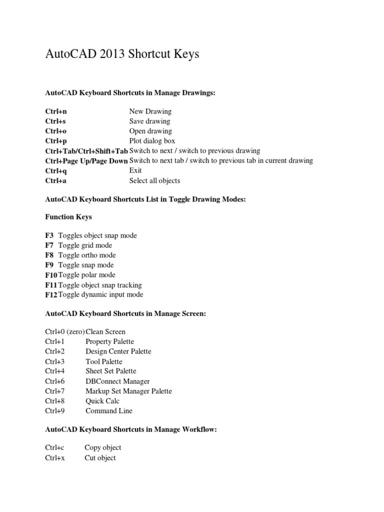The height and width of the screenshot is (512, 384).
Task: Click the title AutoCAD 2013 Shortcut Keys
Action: pos(122,54)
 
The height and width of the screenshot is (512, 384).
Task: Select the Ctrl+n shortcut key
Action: pos(56,111)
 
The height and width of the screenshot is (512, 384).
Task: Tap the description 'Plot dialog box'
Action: pos(152,141)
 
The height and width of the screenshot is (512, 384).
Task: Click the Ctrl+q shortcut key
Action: pos(56,170)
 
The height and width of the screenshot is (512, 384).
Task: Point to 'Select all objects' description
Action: pos(154,180)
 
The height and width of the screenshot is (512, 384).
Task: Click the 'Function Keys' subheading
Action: pos(68,217)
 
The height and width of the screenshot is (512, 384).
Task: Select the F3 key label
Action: pos(49,235)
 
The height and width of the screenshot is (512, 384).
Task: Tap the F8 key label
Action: pos(49,255)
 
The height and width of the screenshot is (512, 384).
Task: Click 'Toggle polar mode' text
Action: pos(86,275)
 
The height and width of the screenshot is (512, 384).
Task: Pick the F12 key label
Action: pos(51,294)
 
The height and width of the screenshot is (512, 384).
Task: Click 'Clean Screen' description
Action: pos(105,331)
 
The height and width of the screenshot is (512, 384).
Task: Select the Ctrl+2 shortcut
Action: pos(55,351)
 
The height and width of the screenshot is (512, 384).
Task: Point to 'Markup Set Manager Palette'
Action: pos(128,391)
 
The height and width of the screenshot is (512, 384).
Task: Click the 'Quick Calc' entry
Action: pos(102,401)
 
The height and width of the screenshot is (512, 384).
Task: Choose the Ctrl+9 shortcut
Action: pos(55,411)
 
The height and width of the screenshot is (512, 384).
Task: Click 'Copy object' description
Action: pos(103,447)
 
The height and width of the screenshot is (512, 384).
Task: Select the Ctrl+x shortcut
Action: pos(55,457)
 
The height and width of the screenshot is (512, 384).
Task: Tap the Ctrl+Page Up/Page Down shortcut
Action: pos(86,160)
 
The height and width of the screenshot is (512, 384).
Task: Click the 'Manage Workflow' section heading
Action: pos(131,429)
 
